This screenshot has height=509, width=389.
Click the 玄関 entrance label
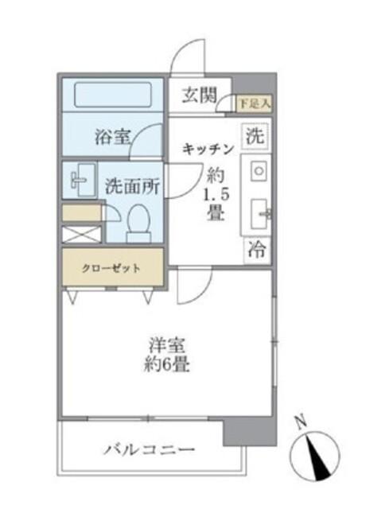[199, 96]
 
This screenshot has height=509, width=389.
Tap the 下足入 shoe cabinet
[255, 103]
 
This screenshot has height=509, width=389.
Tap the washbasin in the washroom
[80, 179]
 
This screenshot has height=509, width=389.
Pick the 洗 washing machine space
[254, 135]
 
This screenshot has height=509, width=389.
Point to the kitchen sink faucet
[264, 212]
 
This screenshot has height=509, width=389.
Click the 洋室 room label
[166, 347]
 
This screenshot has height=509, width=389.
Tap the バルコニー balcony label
[149, 450]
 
